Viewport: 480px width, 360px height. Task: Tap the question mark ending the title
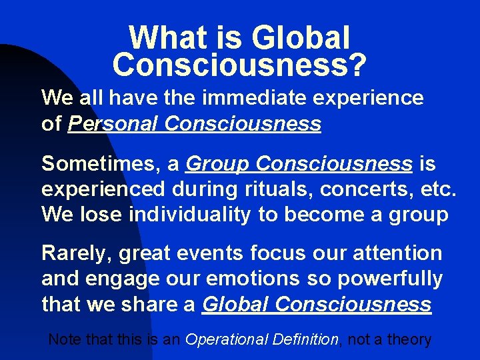point(359,65)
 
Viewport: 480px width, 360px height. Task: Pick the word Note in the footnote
point(65,339)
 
